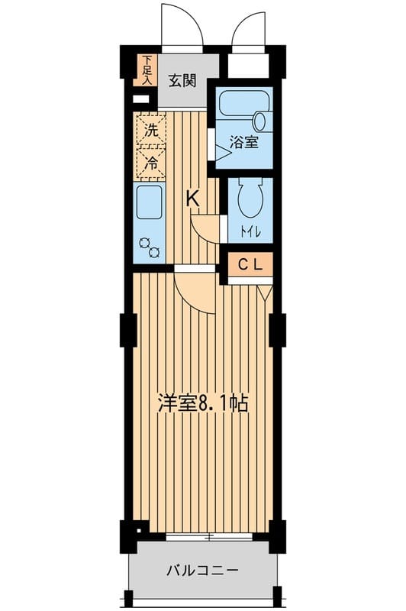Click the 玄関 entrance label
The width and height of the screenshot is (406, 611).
tap(182, 81)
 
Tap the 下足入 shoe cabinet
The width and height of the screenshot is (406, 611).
tap(145, 70)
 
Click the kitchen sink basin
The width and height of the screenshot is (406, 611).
tap(150, 202)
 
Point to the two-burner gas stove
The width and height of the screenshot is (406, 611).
tap(150, 247)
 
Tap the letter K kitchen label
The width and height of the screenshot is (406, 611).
tap(192, 199)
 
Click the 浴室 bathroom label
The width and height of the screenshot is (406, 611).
tap(244, 142)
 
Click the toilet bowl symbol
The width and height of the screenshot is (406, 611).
tap(250, 198)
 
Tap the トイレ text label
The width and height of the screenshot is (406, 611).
tap(250, 233)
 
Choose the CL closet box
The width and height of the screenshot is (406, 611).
tap(250, 264)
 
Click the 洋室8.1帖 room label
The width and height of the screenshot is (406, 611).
tap(203, 403)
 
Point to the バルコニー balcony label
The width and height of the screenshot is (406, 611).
tap(202, 571)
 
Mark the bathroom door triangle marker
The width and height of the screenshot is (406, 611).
tap(223, 153)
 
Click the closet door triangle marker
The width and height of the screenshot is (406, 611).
tap(265, 293)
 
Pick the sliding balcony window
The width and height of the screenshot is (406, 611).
tap(209, 537)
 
